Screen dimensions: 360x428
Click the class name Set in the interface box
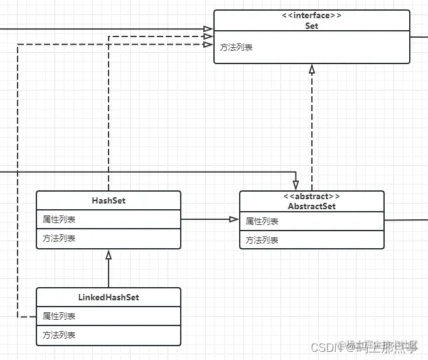312,26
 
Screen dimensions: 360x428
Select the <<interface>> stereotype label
312,16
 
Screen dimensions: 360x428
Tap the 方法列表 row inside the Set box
237,47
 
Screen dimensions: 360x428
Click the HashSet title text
109,200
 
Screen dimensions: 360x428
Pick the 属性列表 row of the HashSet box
59,220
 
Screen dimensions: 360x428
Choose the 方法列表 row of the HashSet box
59,238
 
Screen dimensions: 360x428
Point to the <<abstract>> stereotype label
312,197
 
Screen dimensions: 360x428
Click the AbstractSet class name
312,206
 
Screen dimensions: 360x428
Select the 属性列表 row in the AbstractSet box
262,222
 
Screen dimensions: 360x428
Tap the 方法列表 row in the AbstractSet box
262,240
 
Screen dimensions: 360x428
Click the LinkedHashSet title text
109,297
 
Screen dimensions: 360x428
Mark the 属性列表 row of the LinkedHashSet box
59,316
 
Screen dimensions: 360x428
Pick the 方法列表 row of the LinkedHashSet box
59,335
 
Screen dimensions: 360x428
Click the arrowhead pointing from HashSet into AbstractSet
234,219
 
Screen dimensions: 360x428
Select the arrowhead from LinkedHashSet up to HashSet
109,254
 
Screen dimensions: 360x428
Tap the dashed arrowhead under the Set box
312,68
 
